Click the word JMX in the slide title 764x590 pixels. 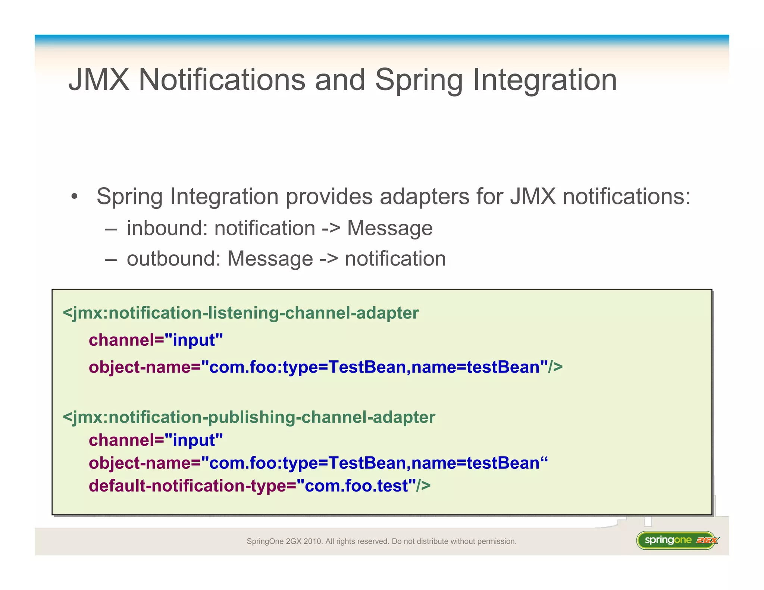(x=99, y=80)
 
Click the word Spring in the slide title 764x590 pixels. (x=419, y=80)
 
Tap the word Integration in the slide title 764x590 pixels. (x=545, y=80)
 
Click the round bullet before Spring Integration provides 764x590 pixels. (x=75, y=197)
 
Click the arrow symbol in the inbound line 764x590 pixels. (x=331, y=228)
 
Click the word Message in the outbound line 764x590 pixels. (x=270, y=258)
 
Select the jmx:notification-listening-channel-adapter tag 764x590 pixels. (x=241, y=313)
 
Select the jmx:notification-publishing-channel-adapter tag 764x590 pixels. (x=249, y=417)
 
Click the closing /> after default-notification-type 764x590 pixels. (x=423, y=486)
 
